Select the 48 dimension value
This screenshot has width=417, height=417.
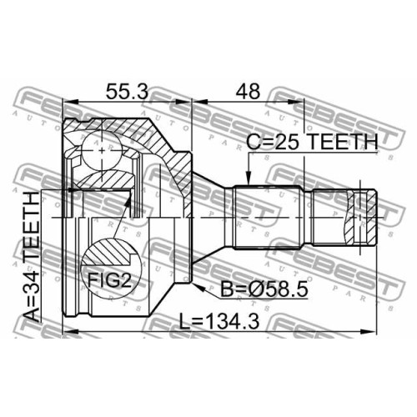pos(248,91)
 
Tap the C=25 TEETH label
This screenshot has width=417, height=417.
pos(312,142)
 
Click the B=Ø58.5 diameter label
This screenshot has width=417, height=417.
pos(264,289)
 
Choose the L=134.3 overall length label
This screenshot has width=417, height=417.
pos(219,321)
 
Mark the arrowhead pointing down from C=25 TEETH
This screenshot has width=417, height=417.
pos(249,178)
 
